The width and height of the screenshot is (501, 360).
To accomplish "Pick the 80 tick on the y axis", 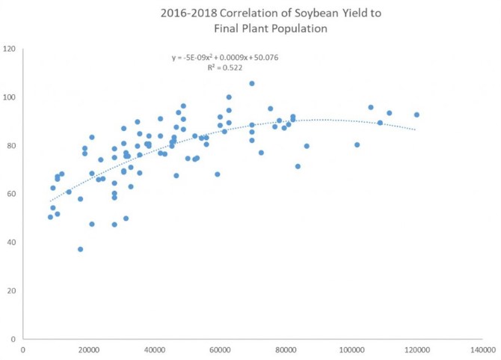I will click(x=12, y=146).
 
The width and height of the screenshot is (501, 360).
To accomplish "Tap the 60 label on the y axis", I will click(x=12, y=194).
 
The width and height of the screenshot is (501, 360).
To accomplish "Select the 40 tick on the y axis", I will click(x=12, y=242).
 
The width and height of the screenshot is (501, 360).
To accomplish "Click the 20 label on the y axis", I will click(x=12, y=290).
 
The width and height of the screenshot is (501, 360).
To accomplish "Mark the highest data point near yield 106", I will click(x=252, y=84).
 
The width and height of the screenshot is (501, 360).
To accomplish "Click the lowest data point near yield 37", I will click(x=80, y=249).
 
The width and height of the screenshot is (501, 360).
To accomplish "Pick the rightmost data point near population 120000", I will click(x=417, y=115).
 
